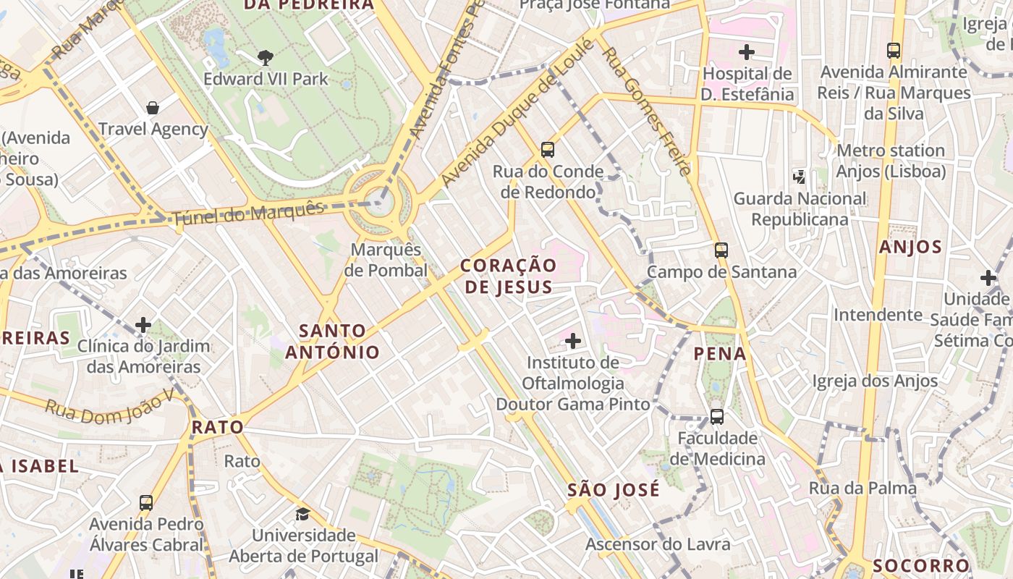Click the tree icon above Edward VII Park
[x=266, y=57]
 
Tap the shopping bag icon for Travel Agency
[x=153, y=108]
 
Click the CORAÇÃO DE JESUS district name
[x=509, y=276]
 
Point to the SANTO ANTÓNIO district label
[x=332, y=342]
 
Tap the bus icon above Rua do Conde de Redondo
[x=548, y=150]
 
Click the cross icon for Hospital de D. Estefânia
[x=747, y=52]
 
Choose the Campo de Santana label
[x=721, y=272]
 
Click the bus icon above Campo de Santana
[x=721, y=250]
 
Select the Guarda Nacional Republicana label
[x=800, y=208]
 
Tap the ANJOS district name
[x=910, y=247]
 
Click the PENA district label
[x=719, y=353]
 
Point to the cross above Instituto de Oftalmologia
[x=573, y=340]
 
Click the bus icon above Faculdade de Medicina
[x=717, y=417]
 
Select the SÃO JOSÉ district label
[x=613, y=489]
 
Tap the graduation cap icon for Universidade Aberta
[x=302, y=514]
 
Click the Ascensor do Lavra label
[x=658, y=544]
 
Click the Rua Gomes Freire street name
[x=645, y=113]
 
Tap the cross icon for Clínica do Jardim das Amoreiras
[x=143, y=325]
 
